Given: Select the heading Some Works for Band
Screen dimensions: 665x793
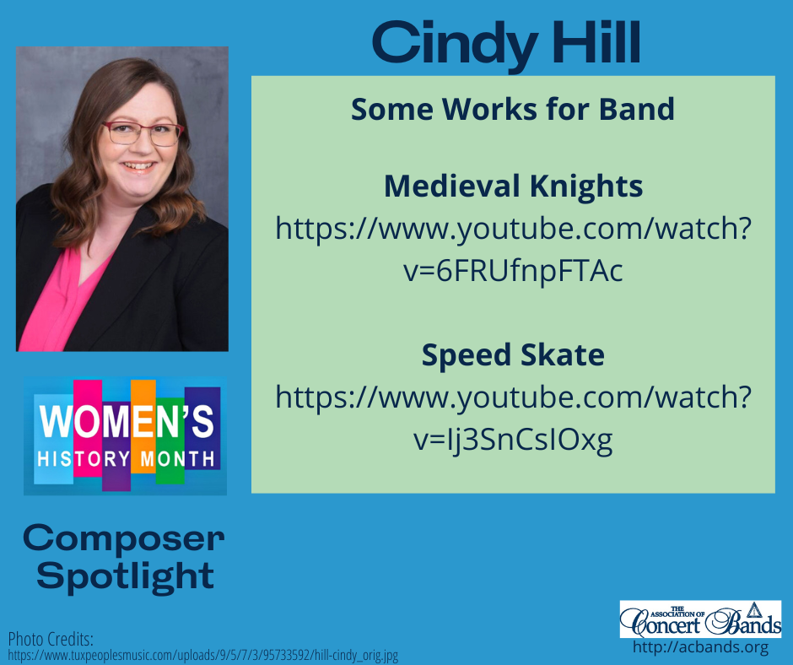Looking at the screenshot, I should point(513,109).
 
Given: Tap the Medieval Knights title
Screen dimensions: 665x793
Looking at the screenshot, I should point(513,186).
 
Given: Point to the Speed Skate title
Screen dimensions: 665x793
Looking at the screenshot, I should point(513,355).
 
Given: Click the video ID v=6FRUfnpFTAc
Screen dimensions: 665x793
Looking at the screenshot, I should point(513,272).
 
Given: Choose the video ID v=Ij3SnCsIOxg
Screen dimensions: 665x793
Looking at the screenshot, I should point(513,440).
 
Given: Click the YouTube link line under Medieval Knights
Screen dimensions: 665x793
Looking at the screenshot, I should point(513,229).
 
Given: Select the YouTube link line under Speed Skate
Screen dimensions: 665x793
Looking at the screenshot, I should point(513,397).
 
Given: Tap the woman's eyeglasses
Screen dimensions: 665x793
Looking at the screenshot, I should point(142,132).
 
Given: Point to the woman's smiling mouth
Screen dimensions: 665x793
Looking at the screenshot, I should point(139,166).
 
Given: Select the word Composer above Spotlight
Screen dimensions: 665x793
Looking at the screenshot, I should point(124,537).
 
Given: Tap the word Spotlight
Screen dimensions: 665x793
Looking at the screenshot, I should point(126,576).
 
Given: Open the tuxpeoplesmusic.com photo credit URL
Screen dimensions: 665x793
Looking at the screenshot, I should point(202,655).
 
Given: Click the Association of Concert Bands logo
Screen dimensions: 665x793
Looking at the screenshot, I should point(700,619).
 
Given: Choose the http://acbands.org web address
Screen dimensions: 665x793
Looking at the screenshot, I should point(700,648).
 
